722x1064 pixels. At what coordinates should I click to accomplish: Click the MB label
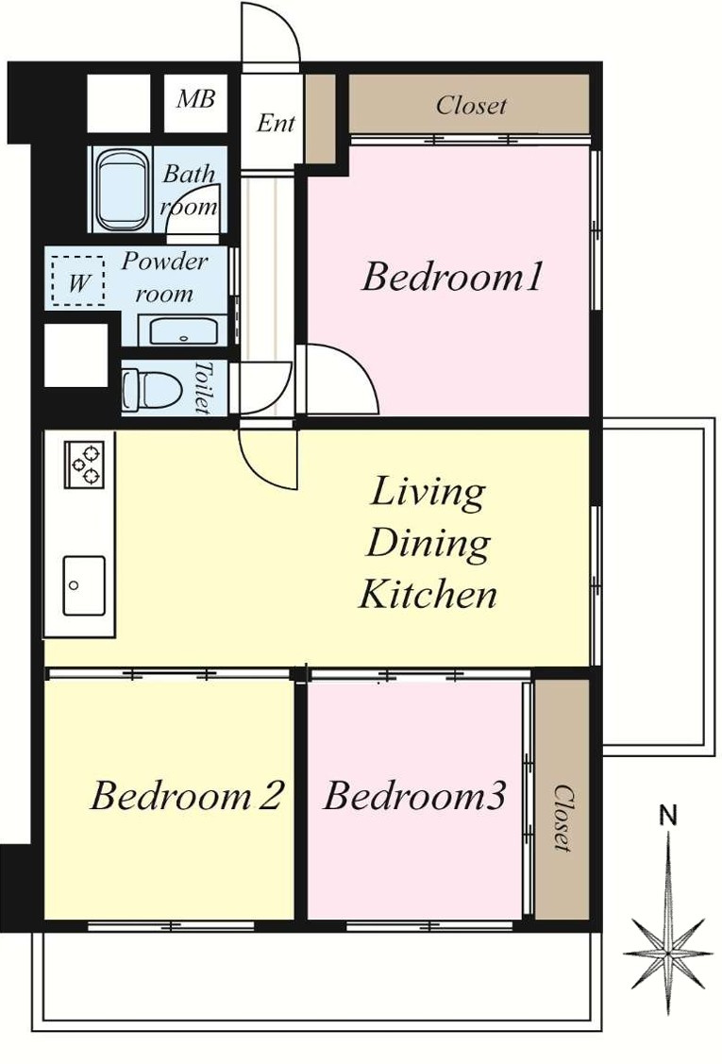[x=195, y=99]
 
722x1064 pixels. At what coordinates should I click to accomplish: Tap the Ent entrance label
[x=276, y=123]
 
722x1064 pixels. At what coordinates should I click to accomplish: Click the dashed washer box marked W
[x=78, y=281]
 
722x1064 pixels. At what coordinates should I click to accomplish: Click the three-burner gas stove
[x=85, y=464]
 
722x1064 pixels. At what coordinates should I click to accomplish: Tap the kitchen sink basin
[x=84, y=585]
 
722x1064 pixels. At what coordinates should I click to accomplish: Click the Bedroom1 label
[x=452, y=278]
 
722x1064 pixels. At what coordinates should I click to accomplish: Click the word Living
[x=428, y=494]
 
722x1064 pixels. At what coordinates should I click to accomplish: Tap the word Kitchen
[x=428, y=594]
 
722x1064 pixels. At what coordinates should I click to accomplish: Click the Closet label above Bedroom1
[x=471, y=105]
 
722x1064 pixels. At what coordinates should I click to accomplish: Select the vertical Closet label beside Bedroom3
[x=562, y=818]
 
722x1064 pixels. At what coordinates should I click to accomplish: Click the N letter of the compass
[x=669, y=815]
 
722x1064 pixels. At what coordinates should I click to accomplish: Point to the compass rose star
[x=668, y=953]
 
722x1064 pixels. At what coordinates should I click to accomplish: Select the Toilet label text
[x=202, y=387]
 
